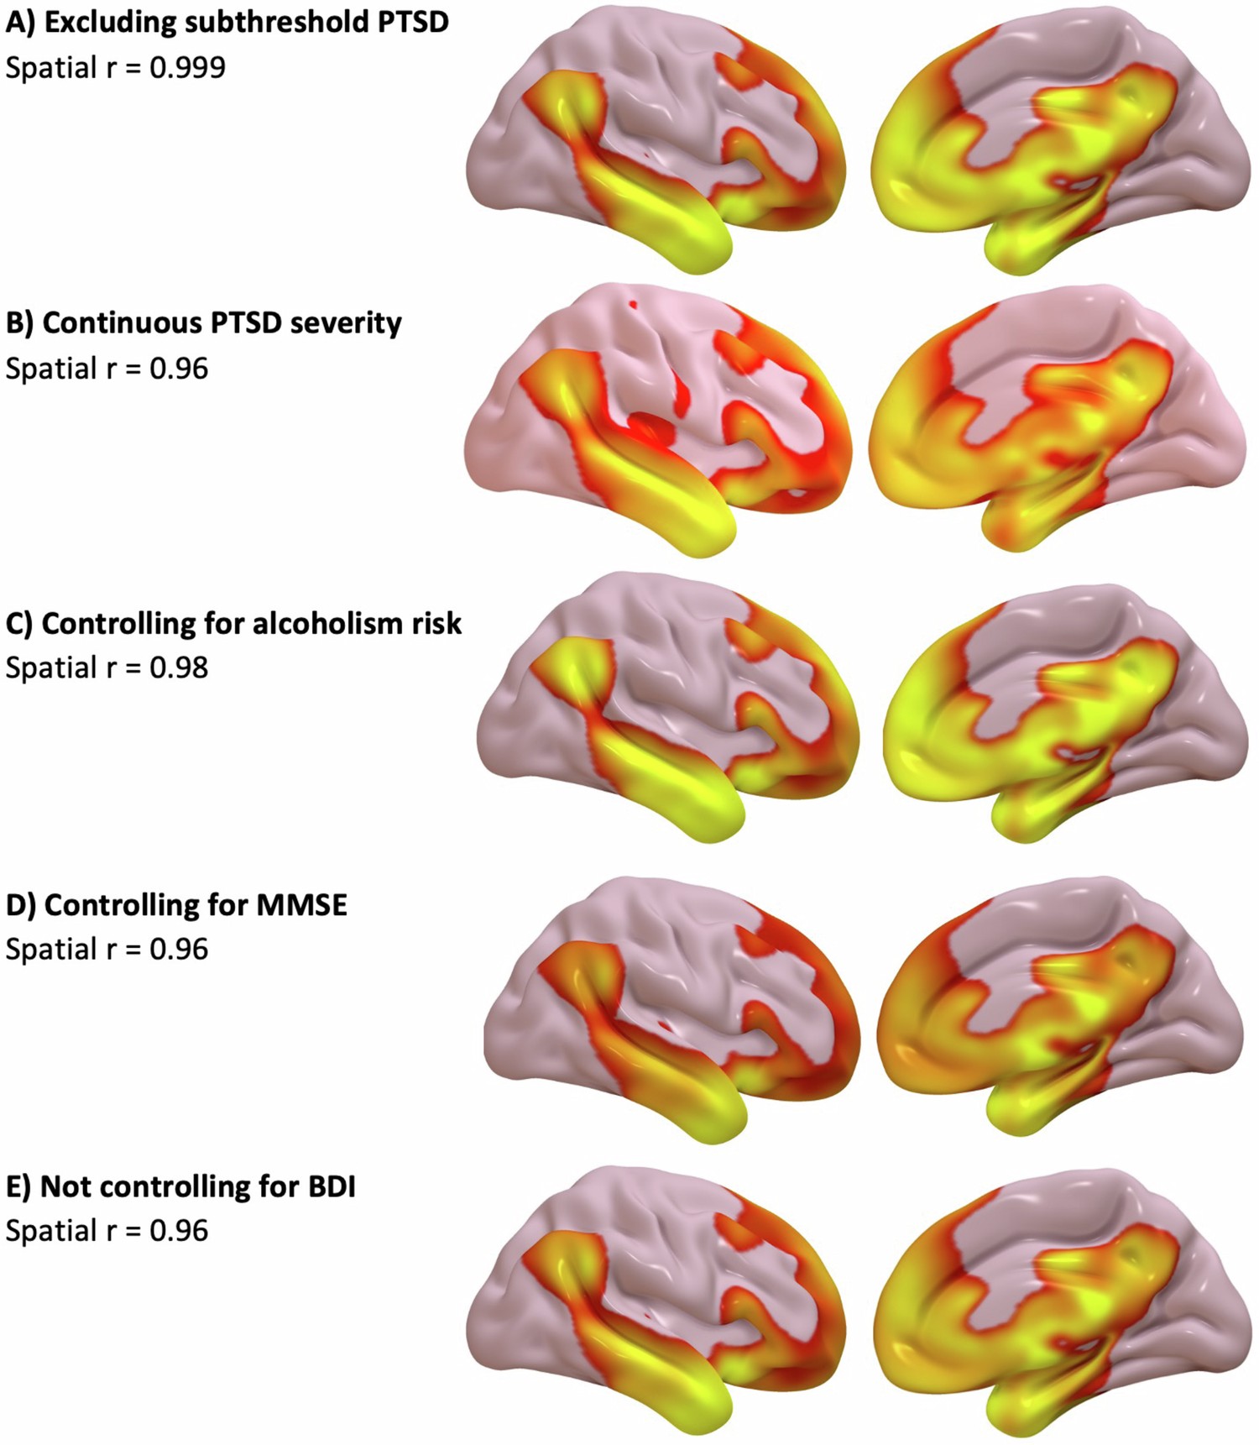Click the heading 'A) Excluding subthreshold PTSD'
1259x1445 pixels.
[x=227, y=23]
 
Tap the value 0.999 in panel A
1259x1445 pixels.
[x=187, y=67]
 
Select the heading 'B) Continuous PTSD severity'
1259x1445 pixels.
[x=204, y=323]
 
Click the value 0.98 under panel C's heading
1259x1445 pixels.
[x=179, y=668]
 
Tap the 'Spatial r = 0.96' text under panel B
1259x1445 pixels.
[x=107, y=369]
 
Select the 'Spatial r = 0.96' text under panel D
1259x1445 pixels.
[x=107, y=950]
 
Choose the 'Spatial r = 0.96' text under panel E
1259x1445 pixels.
[x=107, y=1231]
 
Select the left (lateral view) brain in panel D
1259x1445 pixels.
[x=671, y=1008]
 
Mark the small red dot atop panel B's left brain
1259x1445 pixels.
[x=633, y=306]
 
